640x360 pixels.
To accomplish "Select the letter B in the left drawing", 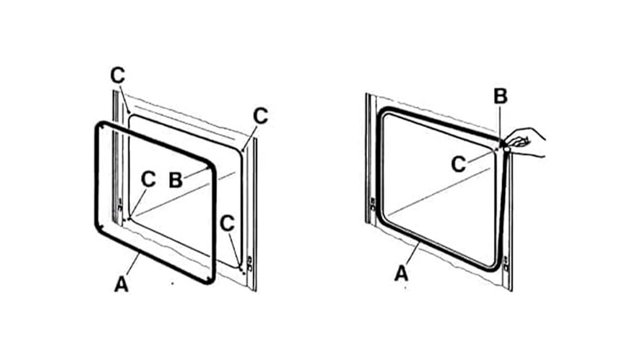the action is (x=175, y=180).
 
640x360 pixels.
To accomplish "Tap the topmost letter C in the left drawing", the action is (x=118, y=75).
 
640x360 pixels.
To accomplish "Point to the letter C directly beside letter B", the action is (x=148, y=179).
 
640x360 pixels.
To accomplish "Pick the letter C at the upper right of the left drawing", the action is (x=260, y=116).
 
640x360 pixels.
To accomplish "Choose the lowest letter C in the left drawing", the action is (x=227, y=223).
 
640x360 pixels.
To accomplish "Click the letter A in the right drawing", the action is (x=402, y=273).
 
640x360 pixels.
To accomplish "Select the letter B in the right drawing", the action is (x=501, y=96).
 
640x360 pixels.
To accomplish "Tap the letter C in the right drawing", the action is (x=459, y=164).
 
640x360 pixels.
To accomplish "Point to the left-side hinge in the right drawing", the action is (x=373, y=204).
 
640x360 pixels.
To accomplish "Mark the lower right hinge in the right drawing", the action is (x=506, y=264).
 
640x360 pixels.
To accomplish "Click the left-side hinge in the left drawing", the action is (x=120, y=204).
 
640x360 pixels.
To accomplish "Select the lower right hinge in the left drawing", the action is (x=249, y=264).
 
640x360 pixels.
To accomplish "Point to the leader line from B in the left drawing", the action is (x=196, y=173).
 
